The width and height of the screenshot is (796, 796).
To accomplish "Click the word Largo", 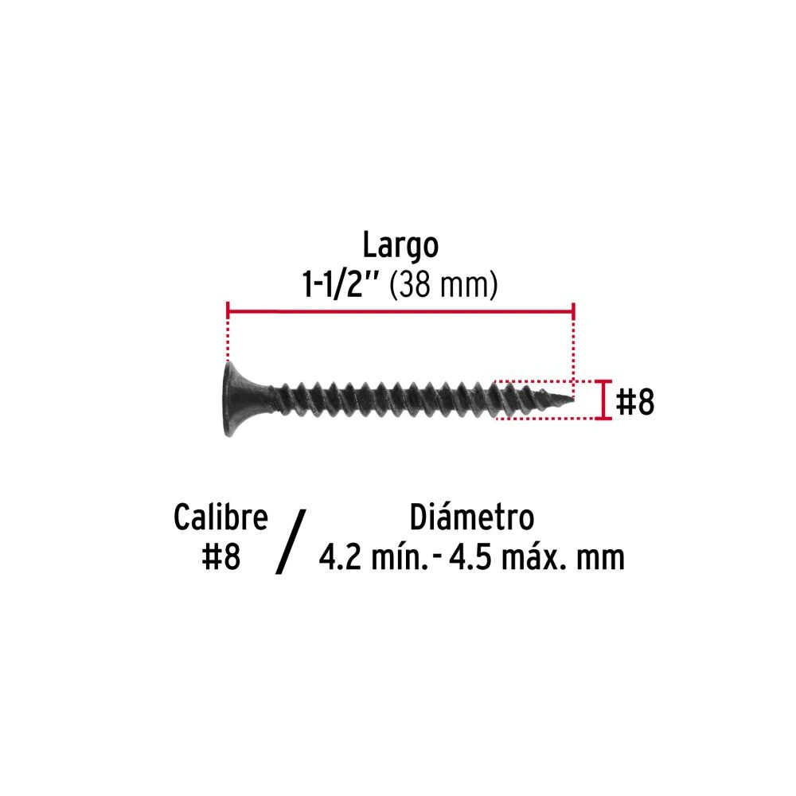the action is [400, 247].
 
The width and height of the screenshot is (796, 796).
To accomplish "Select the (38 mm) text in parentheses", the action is [443, 285].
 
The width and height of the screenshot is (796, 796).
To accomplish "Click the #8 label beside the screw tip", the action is [634, 401].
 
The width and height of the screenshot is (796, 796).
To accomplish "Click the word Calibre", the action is [220, 517].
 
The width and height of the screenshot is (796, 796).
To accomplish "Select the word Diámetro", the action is [471, 517].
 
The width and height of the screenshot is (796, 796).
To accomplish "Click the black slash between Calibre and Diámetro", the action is [291, 541].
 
